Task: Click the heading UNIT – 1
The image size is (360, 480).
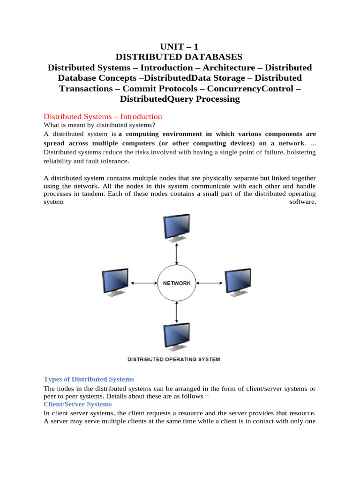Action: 180,46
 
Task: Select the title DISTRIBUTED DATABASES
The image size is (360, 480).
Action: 180,57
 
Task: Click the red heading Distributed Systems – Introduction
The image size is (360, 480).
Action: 103,116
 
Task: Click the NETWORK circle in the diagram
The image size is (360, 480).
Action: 176,283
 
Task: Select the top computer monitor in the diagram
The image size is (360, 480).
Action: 176,227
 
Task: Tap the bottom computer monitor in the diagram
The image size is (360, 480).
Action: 176,337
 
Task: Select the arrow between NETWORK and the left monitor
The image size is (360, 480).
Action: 144,283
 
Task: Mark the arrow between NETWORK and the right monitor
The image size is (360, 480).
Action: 209,283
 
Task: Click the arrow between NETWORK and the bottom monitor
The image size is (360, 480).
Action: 176,312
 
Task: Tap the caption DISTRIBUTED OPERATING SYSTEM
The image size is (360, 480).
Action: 174,360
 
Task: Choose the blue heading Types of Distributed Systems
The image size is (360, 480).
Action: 89,379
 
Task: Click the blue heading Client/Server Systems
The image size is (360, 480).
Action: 77,404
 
